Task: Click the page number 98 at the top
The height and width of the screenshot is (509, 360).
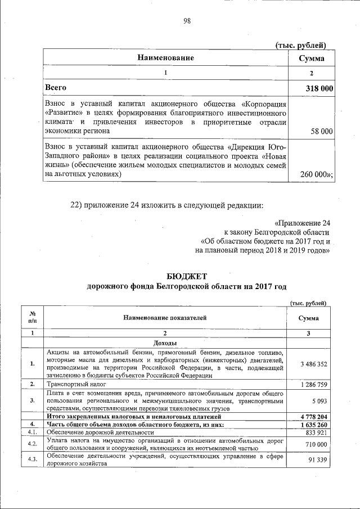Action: (x=187, y=21)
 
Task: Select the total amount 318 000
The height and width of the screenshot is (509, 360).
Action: (x=311, y=88)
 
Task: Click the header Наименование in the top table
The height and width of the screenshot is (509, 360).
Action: (x=166, y=58)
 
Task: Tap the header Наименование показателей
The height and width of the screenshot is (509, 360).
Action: (x=165, y=318)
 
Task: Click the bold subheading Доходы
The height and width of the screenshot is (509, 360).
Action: (x=165, y=343)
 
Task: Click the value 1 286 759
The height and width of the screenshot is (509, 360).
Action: (x=313, y=385)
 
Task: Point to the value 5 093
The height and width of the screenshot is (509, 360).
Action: (x=319, y=401)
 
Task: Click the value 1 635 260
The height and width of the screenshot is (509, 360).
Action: (x=313, y=425)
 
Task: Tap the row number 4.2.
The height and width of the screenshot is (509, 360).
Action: (x=33, y=444)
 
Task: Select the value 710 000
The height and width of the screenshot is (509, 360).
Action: (x=316, y=444)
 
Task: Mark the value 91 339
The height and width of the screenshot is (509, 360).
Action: (x=317, y=461)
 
